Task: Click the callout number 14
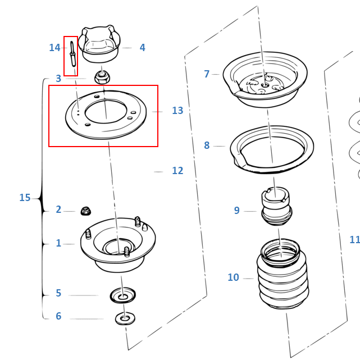click(54, 48)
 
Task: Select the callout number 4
click(142, 48)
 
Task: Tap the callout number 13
click(177, 111)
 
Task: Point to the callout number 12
click(177, 171)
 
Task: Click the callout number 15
click(25, 198)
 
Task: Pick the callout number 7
click(207, 74)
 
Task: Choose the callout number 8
click(207, 145)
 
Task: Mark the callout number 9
click(236, 211)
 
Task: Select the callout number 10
click(233, 277)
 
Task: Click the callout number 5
click(58, 293)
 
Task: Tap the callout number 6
click(58, 316)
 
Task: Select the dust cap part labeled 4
click(99, 44)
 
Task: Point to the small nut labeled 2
click(86, 211)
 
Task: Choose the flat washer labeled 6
click(125, 319)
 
